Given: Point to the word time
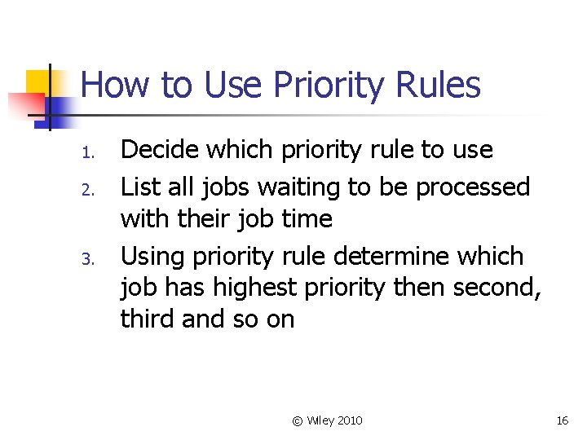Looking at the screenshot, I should pos(307,218).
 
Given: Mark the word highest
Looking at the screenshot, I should pos(250,288).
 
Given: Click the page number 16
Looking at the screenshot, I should pos(562,420).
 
